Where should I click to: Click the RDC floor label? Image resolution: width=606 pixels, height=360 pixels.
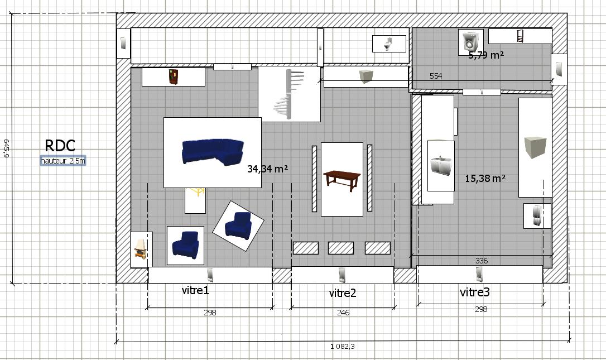[60, 146]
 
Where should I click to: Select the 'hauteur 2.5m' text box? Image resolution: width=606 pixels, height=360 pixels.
[63, 161]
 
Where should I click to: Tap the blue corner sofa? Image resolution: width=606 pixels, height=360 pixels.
[213, 152]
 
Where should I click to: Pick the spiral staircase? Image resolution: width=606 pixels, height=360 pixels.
[289, 94]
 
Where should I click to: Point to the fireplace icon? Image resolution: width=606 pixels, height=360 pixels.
[141, 248]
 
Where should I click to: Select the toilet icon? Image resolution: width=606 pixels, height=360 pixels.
[388, 44]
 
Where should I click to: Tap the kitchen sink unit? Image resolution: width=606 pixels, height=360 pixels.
[441, 165]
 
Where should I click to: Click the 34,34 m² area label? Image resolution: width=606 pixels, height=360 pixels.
[267, 169]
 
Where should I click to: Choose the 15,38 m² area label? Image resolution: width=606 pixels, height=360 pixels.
[485, 178]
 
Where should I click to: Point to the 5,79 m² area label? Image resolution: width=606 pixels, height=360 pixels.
[486, 55]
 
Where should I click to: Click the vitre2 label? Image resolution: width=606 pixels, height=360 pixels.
[343, 293]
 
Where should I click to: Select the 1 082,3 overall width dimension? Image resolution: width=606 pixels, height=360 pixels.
[343, 347]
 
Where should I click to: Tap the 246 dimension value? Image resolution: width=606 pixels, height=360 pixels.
[343, 313]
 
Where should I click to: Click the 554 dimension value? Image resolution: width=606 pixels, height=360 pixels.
[436, 76]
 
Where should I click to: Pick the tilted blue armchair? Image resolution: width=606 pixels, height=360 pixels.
[238, 225]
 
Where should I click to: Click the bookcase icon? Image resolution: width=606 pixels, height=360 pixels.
[174, 77]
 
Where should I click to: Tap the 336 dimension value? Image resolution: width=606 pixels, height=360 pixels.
[482, 261]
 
